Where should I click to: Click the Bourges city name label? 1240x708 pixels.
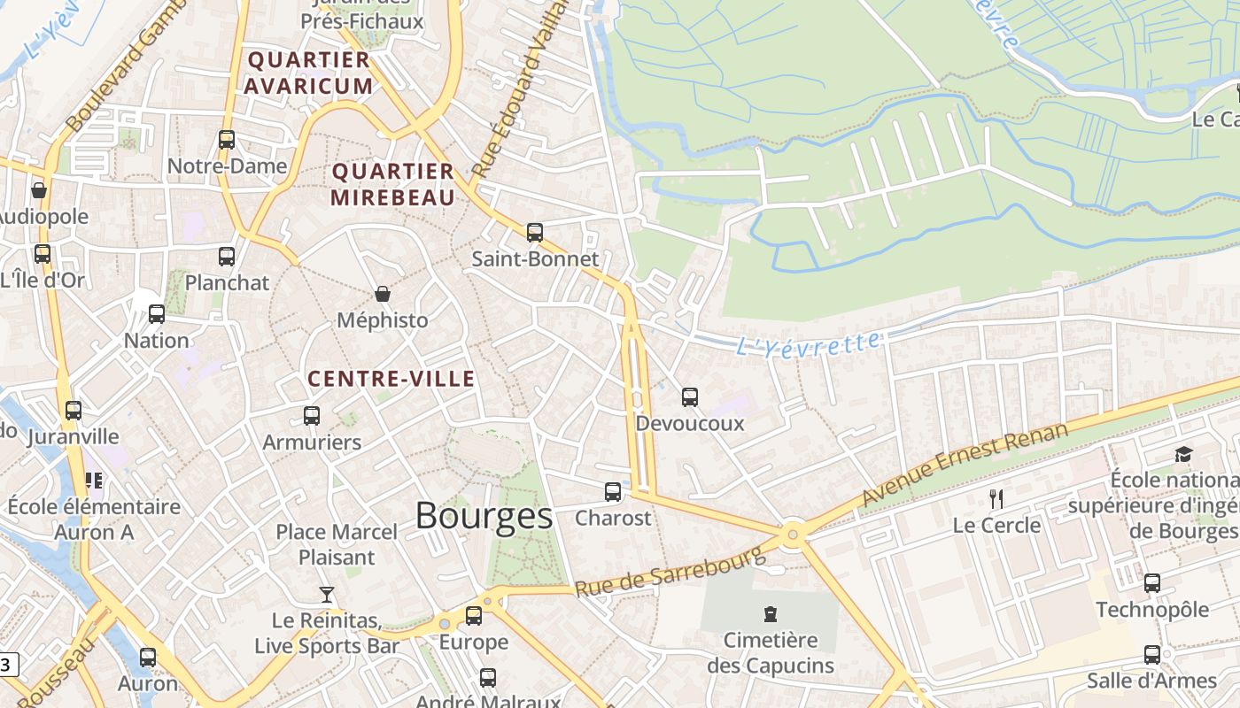point(484,515)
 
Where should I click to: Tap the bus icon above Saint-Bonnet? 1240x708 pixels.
point(535,233)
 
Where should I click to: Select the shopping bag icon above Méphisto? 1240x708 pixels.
point(383,294)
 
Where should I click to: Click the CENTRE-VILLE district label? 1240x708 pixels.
point(391,379)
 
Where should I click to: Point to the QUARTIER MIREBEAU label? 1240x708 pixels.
point(392,184)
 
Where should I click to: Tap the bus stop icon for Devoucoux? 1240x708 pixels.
point(690,397)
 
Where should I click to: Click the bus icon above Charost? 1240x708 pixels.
point(613,492)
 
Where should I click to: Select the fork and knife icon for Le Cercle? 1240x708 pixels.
point(996,499)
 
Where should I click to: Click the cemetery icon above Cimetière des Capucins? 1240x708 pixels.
point(771,613)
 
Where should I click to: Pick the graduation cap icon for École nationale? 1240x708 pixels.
point(1183,455)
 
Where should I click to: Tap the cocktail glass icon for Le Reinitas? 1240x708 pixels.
point(327,594)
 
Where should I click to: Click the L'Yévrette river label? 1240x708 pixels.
point(809,343)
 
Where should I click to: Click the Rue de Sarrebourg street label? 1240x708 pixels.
point(670,572)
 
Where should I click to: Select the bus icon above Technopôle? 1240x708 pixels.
point(1152,583)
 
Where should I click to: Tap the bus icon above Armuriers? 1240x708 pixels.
point(312,416)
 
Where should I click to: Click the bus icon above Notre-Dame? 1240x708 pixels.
point(227,140)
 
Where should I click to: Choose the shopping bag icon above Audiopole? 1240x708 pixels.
point(39,190)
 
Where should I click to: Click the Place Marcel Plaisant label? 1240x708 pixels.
point(337,544)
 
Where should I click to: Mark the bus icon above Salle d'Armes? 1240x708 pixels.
point(1152,655)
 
